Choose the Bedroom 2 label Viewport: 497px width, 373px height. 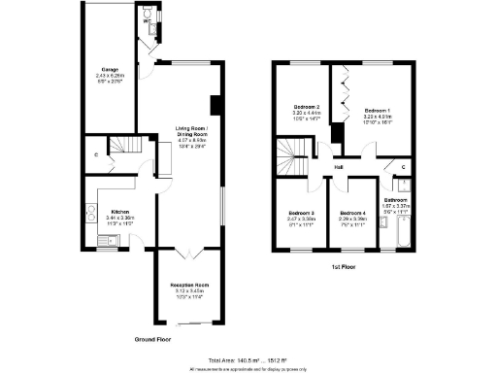pos(307,107)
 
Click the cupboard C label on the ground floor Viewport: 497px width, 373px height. pos(96,154)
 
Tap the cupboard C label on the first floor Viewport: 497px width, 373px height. pos(403,167)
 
